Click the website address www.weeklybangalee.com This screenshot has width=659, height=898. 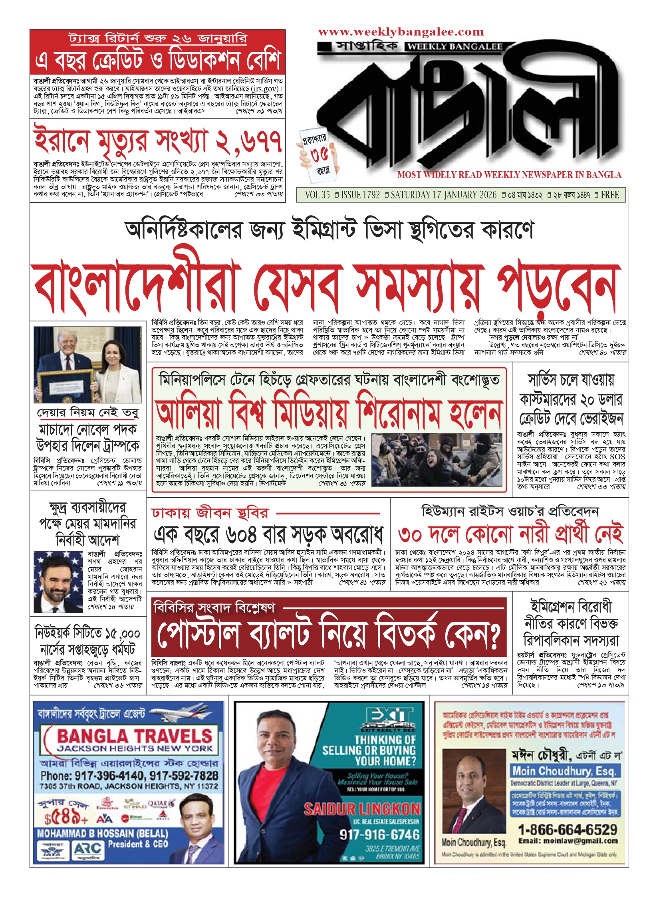coord(401,32)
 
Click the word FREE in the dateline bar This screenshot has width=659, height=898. coord(609,195)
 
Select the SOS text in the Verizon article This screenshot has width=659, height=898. coord(617,457)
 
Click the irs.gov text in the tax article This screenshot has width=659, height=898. coord(265,89)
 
